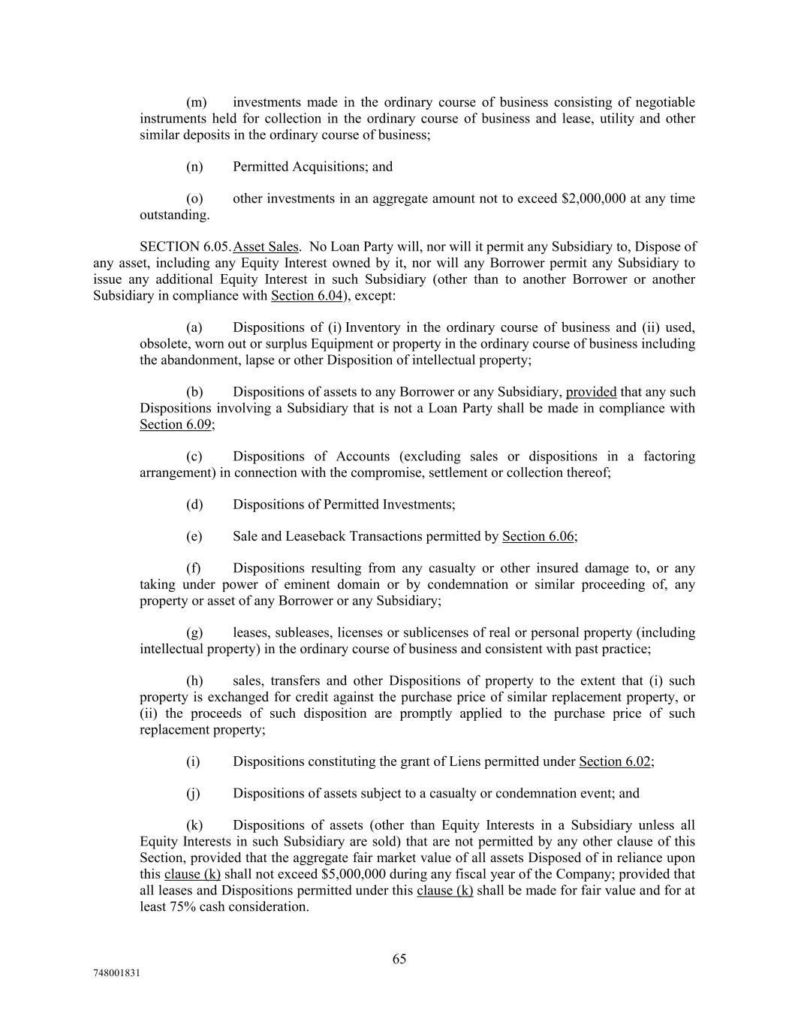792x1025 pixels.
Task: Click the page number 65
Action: click(x=399, y=959)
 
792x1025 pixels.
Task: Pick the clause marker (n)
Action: click(x=194, y=167)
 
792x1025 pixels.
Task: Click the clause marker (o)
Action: click(x=194, y=198)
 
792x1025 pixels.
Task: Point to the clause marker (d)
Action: click(x=194, y=504)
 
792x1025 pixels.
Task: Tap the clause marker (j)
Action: click(x=194, y=793)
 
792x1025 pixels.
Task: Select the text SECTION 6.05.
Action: click(x=185, y=246)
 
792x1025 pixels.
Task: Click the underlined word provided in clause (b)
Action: click(x=591, y=392)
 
